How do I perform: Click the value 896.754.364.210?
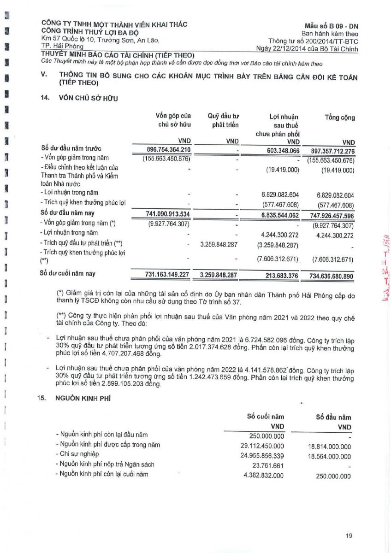pos(162,150)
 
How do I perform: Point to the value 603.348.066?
pos(277,150)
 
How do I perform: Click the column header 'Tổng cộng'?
pos(340,118)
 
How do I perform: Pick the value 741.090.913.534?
pos(162,214)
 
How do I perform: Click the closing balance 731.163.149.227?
pos(162,275)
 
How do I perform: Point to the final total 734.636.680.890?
pos(326,275)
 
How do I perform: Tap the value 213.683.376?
pos(277,275)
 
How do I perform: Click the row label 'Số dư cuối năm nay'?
pos(68,274)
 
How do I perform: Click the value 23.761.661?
pos(268,465)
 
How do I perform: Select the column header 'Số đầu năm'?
pos(333,418)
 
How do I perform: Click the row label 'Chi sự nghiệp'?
pos(80,455)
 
